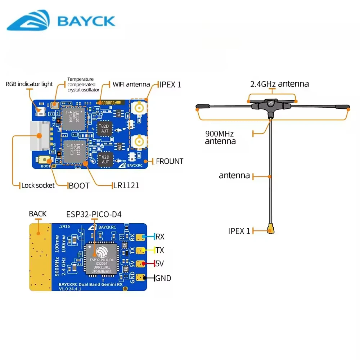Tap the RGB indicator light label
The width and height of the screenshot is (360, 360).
[29, 84]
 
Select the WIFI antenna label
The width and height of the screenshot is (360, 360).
[131, 84]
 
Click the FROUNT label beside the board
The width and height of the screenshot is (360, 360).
[169, 161]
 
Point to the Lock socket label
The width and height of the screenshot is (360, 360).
[38, 185]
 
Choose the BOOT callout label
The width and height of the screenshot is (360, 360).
[79, 186]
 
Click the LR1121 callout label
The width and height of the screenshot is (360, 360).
[126, 186]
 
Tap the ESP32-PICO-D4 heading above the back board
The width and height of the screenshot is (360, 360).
[94, 215]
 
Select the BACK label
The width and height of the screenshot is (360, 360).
[38, 214]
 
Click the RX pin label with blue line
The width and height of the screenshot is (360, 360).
[160, 237]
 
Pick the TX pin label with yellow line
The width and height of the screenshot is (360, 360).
[160, 250]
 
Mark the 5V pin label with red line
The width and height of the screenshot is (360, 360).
[159, 264]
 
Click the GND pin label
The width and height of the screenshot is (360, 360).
[163, 278]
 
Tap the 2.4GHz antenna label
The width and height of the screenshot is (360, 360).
[279, 84]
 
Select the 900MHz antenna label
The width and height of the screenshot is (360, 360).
[220, 138]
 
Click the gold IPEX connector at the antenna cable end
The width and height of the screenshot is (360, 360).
[270, 229]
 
